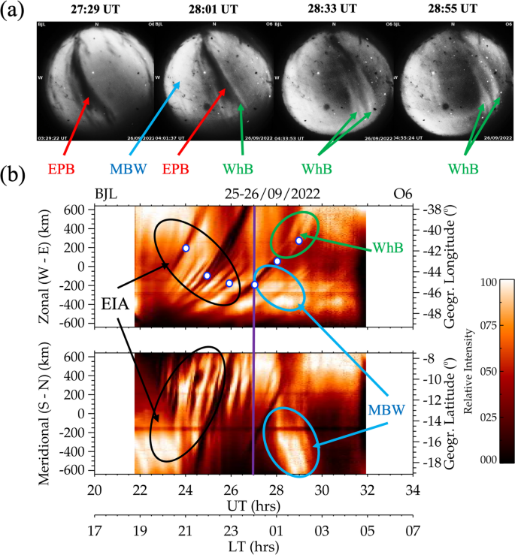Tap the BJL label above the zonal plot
point(106,194)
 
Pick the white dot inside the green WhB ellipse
point(298,240)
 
